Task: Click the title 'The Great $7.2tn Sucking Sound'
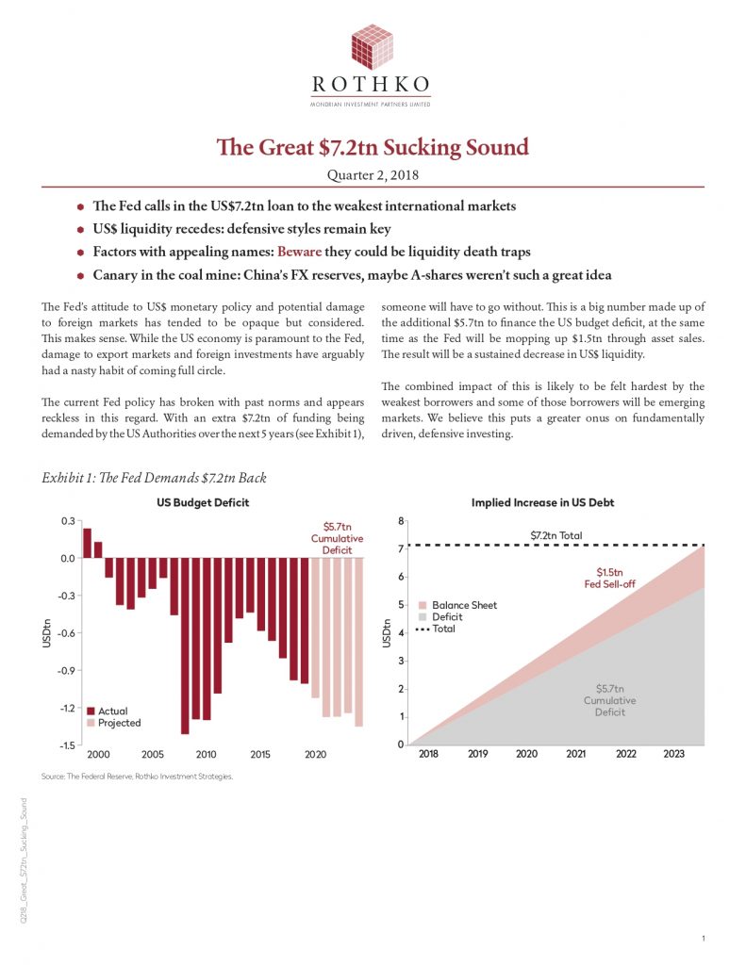pos(373,148)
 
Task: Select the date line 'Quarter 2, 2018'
pos(373,174)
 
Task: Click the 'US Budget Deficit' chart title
pos(203,502)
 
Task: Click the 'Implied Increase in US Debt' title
pos(542,502)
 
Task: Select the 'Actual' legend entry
pos(111,711)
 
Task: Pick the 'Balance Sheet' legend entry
pos(463,605)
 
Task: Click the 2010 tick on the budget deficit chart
pos(207,755)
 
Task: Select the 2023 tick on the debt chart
pos(674,755)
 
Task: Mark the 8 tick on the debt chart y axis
pos(401,521)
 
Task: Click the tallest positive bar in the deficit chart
pos(87,543)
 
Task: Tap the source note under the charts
pos(138,777)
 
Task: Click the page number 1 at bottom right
pos(705,939)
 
